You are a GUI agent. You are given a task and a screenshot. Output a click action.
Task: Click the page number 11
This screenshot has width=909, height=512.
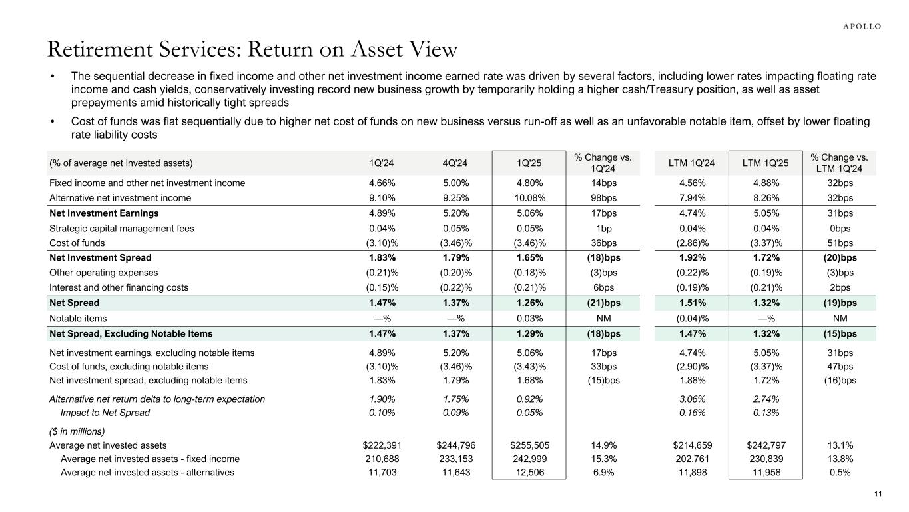point(878,493)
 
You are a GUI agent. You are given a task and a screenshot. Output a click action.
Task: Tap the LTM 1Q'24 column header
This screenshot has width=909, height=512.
point(688,163)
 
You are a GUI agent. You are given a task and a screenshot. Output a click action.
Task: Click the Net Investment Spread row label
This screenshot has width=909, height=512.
point(101,257)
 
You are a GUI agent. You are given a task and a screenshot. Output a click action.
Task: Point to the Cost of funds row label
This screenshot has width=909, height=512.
point(77,243)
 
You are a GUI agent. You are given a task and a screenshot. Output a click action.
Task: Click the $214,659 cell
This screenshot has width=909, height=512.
point(688,445)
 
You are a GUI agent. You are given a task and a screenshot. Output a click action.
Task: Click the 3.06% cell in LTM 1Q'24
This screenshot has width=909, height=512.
point(688,399)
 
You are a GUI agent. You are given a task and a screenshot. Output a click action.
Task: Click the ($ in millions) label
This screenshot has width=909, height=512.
point(77,431)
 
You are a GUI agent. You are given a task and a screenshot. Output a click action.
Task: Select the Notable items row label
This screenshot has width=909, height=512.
point(78,319)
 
